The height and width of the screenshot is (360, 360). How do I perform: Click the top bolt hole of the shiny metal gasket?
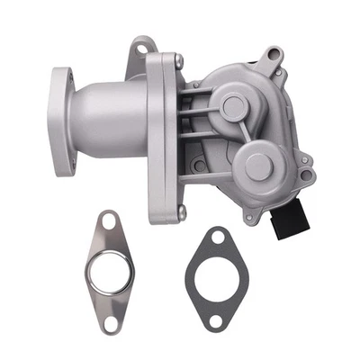click(110, 220)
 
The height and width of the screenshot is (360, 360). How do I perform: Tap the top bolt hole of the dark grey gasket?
click(216, 238)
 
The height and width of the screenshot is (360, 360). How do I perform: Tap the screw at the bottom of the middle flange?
click(181, 211)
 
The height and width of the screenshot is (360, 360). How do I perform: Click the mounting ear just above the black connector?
click(307, 175)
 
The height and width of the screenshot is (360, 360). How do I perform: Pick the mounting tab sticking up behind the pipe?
click(140, 49)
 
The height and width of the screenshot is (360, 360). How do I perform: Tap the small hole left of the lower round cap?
click(196, 166)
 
